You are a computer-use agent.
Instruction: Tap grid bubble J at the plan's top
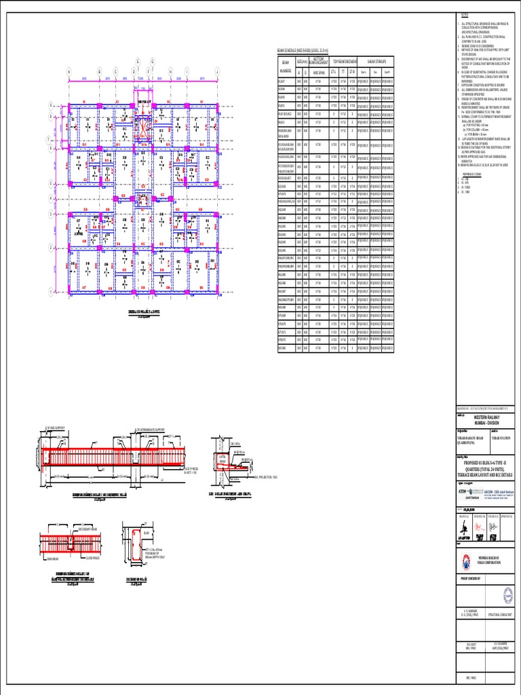pyautogui.click(x=217, y=70)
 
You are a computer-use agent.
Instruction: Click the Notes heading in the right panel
pyautogui.click(x=465, y=15)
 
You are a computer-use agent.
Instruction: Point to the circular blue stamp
pyautogui.click(x=504, y=596)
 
